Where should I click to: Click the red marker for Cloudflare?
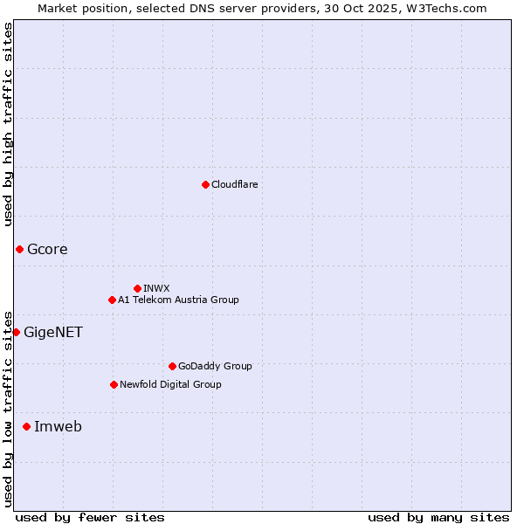click(205, 184)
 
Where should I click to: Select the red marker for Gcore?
click(19, 250)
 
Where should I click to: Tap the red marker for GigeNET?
click(16, 332)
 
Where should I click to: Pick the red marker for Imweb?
click(26, 426)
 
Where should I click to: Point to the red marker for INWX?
click(137, 288)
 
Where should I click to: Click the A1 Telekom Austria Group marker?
click(112, 300)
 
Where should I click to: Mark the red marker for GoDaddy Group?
click(172, 366)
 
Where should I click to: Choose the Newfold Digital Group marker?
click(114, 384)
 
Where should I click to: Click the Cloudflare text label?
click(234, 184)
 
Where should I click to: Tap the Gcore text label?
click(47, 250)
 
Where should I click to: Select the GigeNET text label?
click(53, 332)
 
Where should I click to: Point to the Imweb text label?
click(58, 426)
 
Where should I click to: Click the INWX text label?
click(156, 288)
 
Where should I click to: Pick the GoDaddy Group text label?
click(215, 366)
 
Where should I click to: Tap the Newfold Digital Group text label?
click(170, 384)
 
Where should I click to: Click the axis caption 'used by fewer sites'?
click(90, 517)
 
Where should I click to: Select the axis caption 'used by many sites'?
click(438, 517)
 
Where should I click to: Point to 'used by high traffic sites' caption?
click(8, 124)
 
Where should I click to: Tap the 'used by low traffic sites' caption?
click(8, 409)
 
